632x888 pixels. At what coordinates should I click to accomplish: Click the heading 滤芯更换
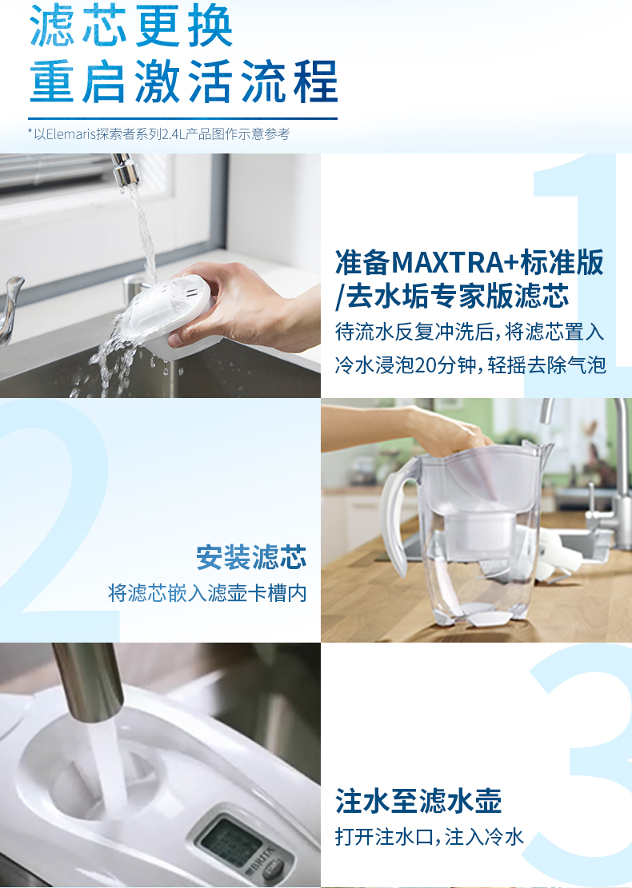coord(131,26)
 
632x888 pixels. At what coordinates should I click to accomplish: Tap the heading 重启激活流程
coord(184,82)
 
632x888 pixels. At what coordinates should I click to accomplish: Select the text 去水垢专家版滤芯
coord(458,296)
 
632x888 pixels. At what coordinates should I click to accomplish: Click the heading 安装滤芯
coord(251,557)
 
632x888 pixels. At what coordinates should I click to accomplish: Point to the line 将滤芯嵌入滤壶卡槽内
coord(207,593)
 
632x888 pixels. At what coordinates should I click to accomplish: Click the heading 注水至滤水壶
coord(418,801)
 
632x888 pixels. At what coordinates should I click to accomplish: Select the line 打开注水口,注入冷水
coord(429,837)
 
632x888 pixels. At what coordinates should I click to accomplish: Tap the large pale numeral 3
coord(584,765)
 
